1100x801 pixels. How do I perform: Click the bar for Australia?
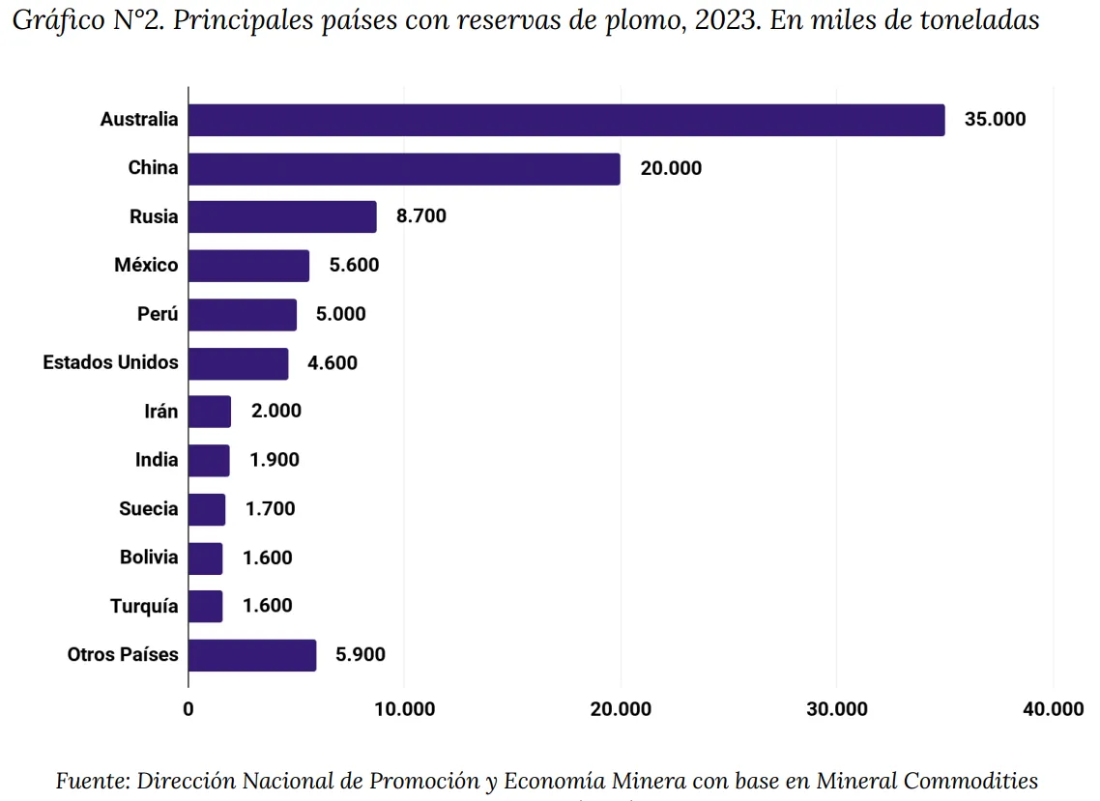tap(566, 120)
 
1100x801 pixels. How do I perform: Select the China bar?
tap(404, 168)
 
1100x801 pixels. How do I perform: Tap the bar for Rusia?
tap(282, 216)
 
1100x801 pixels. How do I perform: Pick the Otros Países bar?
tap(252, 655)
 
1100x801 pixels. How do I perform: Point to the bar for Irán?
tap(210, 412)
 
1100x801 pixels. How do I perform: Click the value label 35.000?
tap(995, 120)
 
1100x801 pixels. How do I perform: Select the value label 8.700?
tap(420, 216)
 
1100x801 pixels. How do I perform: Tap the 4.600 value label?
tap(332, 363)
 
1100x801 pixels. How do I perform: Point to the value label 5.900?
tap(360, 655)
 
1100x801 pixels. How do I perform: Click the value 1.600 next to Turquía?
tap(267, 607)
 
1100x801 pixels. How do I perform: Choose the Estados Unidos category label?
tap(110, 362)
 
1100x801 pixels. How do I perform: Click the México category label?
tap(146, 265)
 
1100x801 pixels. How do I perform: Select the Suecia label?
tap(149, 508)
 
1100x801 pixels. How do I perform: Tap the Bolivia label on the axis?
tap(149, 558)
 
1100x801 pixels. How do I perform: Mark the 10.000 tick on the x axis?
tap(404, 709)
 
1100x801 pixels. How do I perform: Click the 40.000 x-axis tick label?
tap(1053, 709)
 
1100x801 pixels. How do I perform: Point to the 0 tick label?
tap(188, 709)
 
